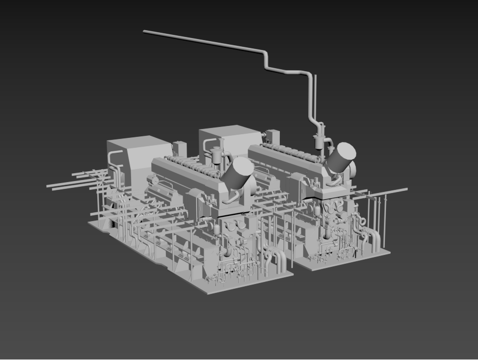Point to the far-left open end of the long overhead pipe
click(x=145, y=32)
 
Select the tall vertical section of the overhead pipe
click(x=311, y=96)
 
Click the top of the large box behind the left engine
click(x=138, y=143)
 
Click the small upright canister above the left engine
click(x=216, y=155)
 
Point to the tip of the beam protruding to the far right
click(x=406, y=189)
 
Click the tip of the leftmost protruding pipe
click(x=48, y=186)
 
